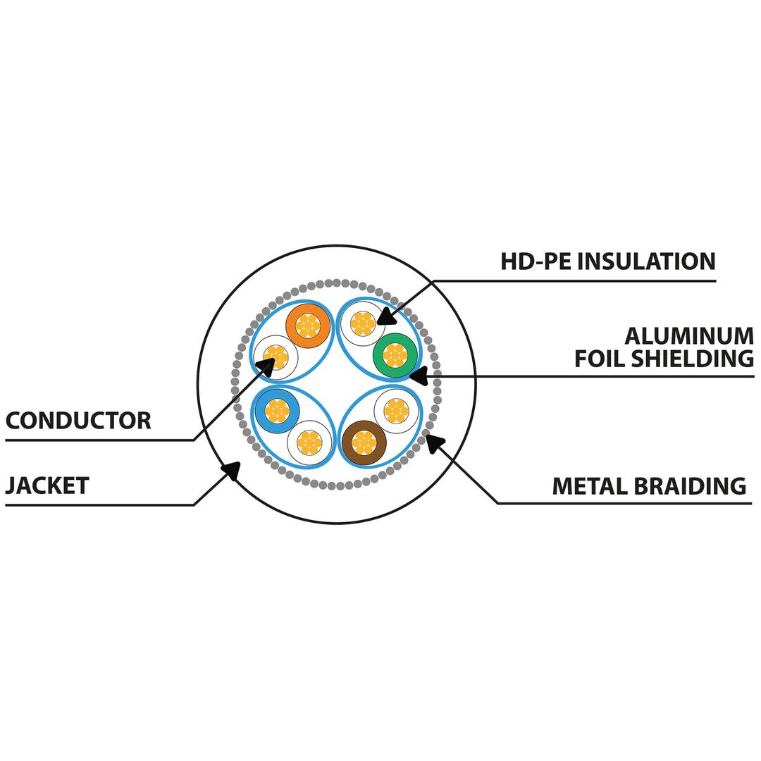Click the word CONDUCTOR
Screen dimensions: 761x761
78,421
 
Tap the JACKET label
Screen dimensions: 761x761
47,485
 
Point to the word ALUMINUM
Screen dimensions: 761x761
688,335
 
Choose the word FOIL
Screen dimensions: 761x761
601,358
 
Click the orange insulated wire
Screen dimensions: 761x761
308,326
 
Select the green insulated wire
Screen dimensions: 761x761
395,355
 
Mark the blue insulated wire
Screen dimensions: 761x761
277,410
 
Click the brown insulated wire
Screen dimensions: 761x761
364,442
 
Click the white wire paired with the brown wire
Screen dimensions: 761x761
396,410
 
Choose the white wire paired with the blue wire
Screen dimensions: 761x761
309,443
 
